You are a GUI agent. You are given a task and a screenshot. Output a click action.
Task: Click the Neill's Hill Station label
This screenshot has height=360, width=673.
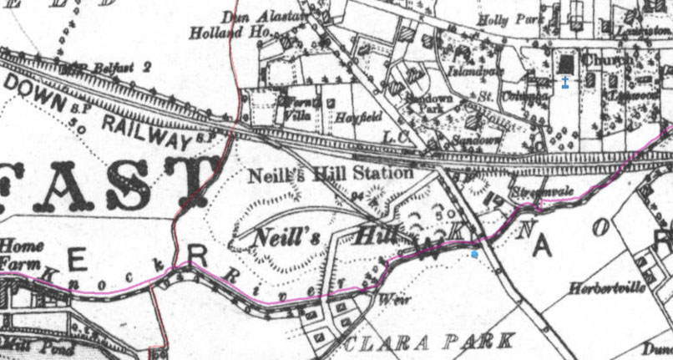[331, 175]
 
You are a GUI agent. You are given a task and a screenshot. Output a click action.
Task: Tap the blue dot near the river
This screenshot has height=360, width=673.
[474, 254]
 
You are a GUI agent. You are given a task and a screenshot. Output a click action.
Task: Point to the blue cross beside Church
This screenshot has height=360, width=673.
[565, 82]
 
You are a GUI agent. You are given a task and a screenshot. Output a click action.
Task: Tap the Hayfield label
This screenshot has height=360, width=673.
[352, 119]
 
